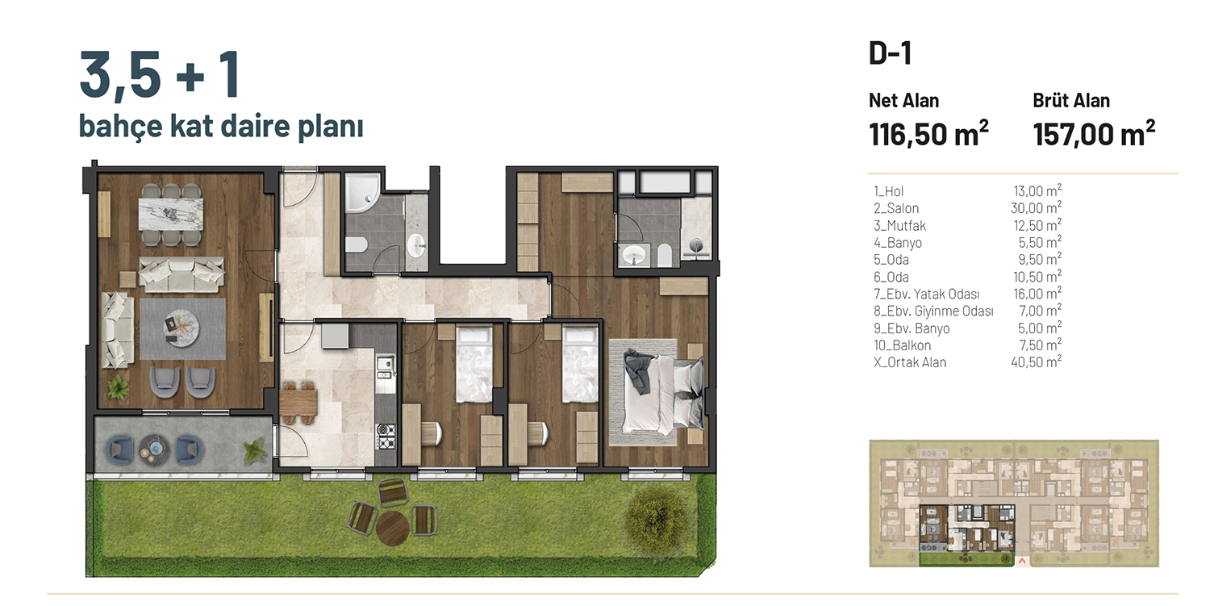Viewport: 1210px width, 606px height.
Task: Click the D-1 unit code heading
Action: coord(890,53)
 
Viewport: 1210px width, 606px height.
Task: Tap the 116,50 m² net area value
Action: coord(928,133)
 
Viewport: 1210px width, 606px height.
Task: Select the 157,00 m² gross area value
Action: coord(1094,133)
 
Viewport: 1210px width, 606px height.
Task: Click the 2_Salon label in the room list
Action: coord(896,208)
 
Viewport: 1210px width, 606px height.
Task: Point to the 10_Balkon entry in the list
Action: coord(902,345)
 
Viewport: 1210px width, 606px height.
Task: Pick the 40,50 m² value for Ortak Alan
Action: coord(1036,362)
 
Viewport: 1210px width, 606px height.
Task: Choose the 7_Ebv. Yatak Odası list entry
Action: coord(926,294)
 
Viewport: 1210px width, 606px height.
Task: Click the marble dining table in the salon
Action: coord(171,214)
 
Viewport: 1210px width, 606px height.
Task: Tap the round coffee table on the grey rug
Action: coord(182,328)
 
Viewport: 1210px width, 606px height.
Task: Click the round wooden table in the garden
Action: coord(392,529)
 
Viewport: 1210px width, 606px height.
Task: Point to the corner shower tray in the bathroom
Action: coord(362,193)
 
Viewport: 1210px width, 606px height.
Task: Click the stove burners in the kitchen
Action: coord(386,437)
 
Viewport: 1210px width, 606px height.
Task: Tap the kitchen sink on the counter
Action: coord(385,367)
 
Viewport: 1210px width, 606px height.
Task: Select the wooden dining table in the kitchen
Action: coord(298,403)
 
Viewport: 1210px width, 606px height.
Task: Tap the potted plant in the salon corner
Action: coord(118,387)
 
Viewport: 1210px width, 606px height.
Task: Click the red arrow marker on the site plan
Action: coord(1021,562)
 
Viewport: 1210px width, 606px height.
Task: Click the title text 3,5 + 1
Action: coord(160,74)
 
